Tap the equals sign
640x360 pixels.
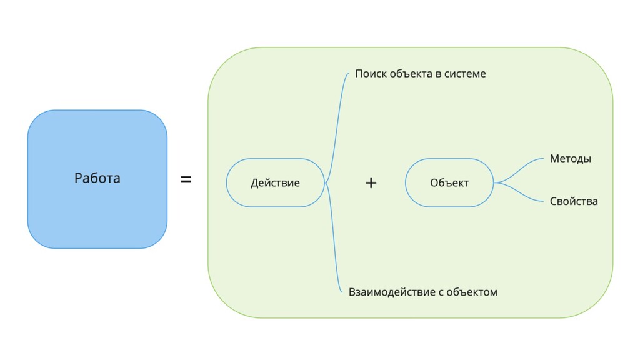point(186,179)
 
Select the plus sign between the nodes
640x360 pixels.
point(371,182)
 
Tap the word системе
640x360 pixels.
point(465,74)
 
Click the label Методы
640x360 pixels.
point(570,159)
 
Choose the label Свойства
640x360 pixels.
point(574,201)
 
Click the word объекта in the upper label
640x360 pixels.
point(410,74)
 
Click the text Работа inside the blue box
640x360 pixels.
point(97,178)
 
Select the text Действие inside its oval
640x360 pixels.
point(275,183)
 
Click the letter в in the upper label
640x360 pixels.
point(438,74)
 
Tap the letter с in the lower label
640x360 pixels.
point(432,292)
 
